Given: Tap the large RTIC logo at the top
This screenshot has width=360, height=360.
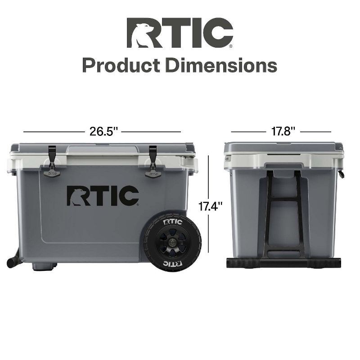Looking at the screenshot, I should [x=180, y=33].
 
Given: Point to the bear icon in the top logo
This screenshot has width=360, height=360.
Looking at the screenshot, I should [x=139, y=33].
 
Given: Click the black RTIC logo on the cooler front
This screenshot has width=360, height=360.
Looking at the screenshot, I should [x=103, y=195].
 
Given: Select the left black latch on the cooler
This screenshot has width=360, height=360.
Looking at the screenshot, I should [x=52, y=161].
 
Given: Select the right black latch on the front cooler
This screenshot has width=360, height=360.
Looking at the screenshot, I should [x=153, y=161].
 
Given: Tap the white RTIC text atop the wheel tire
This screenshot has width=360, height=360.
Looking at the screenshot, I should [x=173, y=222].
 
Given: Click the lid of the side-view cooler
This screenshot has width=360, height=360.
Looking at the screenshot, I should [x=283, y=147].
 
